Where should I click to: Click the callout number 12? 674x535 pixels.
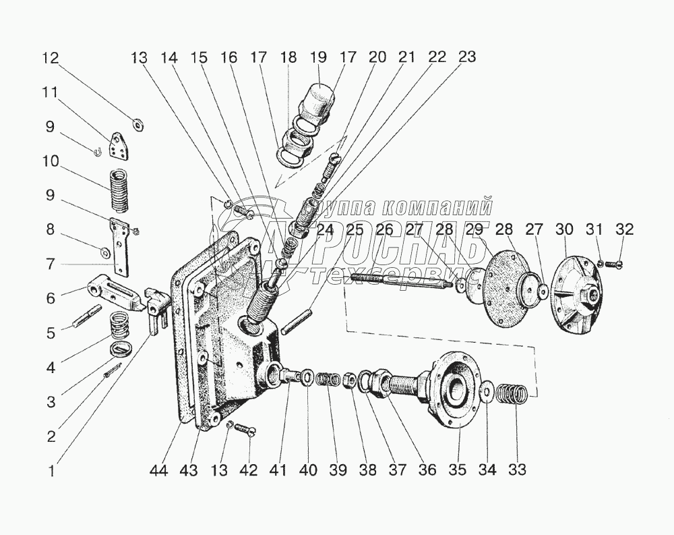click(x=51, y=57)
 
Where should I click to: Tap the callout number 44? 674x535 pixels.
click(x=159, y=470)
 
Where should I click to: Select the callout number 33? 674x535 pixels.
click(x=517, y=469)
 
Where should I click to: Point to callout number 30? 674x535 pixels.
click(x=564, y=229)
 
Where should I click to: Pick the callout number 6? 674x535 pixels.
click(x=51, y=298)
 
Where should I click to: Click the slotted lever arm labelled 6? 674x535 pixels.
click(x=116, y=292)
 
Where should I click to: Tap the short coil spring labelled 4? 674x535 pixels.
click(x=119, y=324)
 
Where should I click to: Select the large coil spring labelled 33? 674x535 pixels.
click(x=512, y=394)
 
